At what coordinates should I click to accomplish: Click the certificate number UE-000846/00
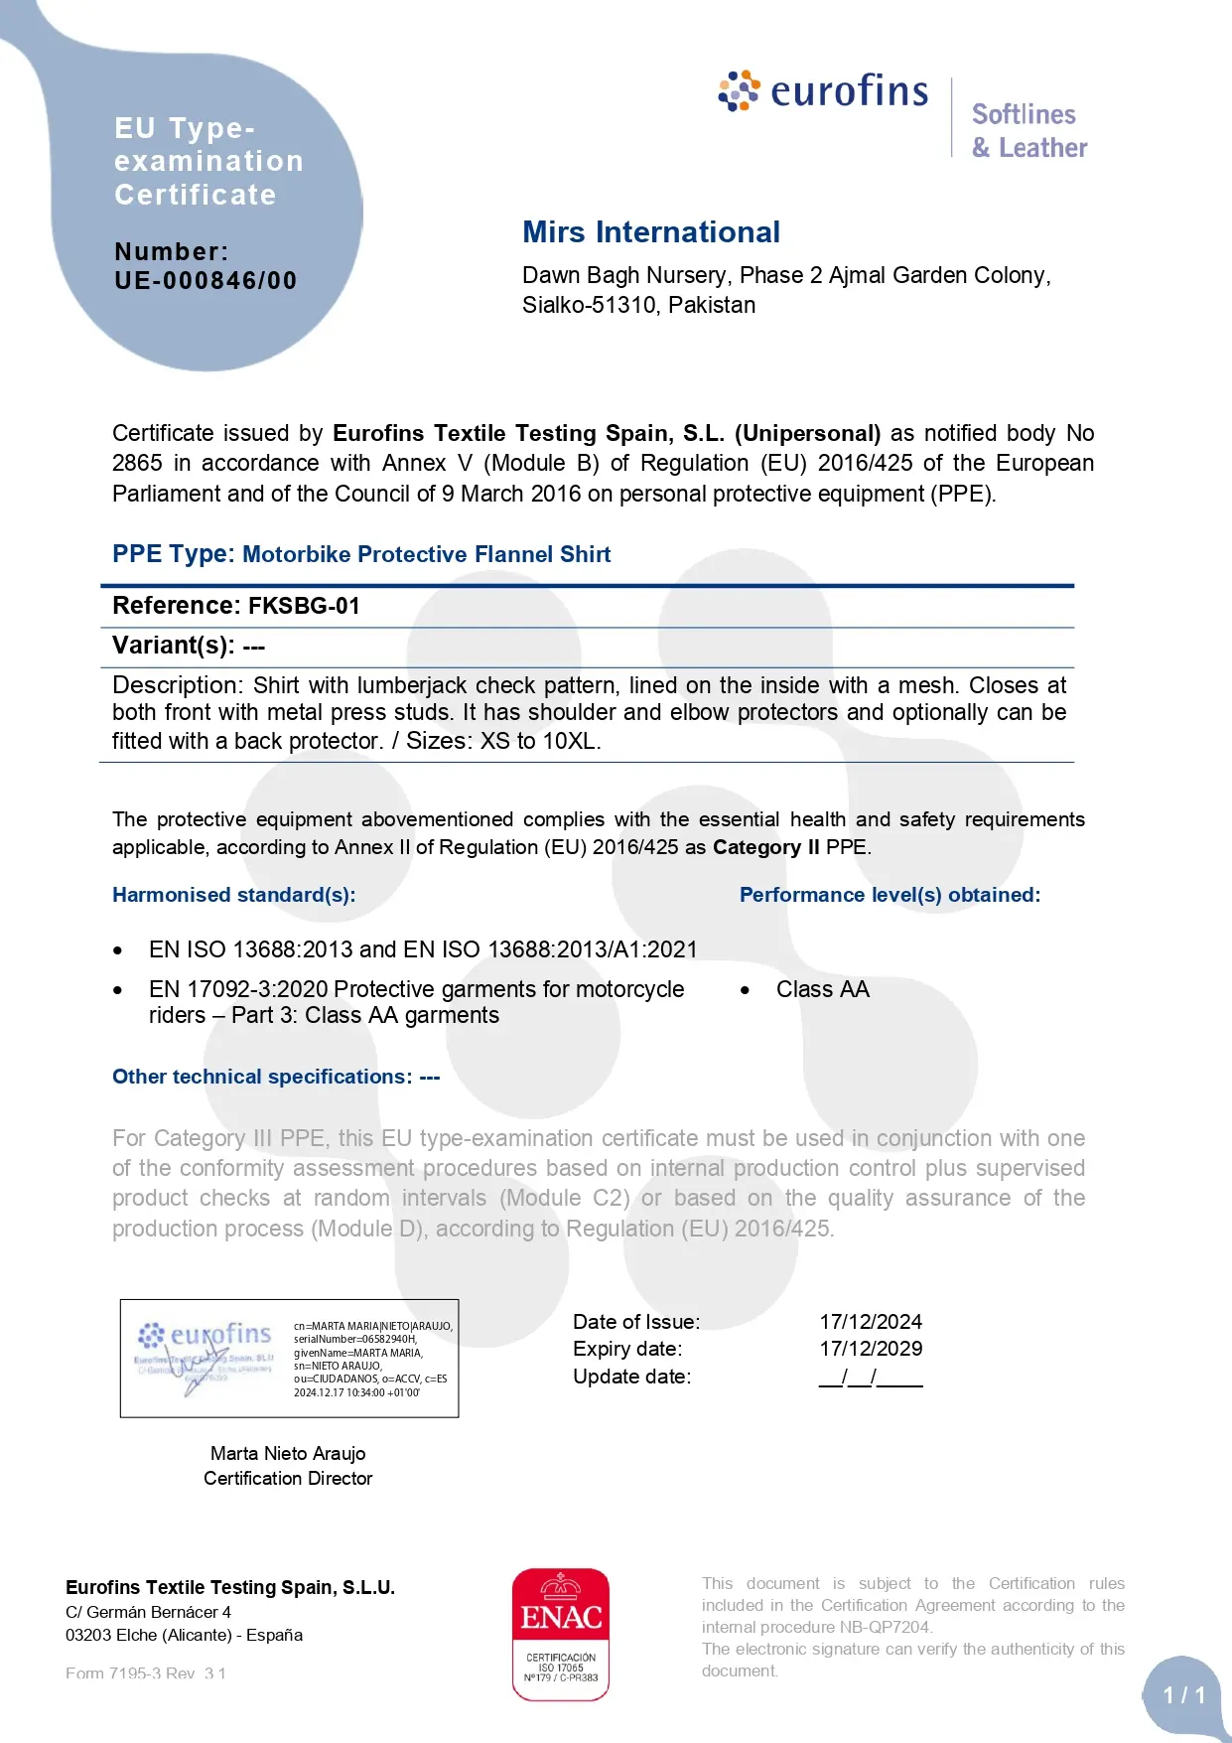tap(205, 281)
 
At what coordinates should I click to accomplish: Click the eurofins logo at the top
tap(824, 91)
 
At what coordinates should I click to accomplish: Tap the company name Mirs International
tap(651, 232)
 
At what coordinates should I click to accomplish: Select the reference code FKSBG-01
tap(304, 606)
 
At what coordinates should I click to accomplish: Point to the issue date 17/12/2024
tap(871, 1322)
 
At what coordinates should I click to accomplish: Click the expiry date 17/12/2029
tap(871, 1349)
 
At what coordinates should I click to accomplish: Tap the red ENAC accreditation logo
tap(561, 1634)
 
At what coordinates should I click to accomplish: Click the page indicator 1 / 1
tap(1184, 1695)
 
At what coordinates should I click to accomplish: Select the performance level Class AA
tap(822, 989)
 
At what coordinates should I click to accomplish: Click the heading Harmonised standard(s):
tap(233, 895)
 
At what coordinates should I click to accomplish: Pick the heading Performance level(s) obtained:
tap(890, 895)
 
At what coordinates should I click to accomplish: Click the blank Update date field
tap(871, 1378)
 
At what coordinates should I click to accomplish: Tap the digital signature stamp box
tap(289, 1358)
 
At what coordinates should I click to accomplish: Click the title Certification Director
tap(288, 1479)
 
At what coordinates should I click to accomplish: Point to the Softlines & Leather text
tap(1029, 131)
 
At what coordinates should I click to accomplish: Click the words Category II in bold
tap(766, 847)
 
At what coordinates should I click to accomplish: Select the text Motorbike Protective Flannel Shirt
tap(427, 554)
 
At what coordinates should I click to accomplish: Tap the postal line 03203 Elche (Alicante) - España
tap(184, 1635)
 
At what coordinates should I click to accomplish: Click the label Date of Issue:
tap(636, 1322)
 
